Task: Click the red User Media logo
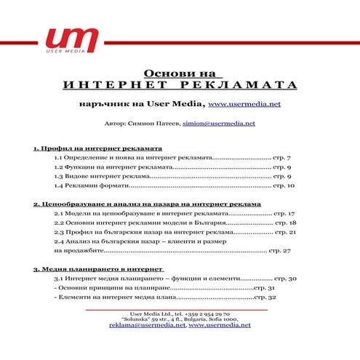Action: coord(71,39)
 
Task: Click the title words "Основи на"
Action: coord(180,73)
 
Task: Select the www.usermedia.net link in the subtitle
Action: coord(244,105)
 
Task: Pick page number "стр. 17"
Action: coord(284,215)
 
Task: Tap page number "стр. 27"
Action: coord(280,251)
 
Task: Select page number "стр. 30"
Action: coord(284,279)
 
